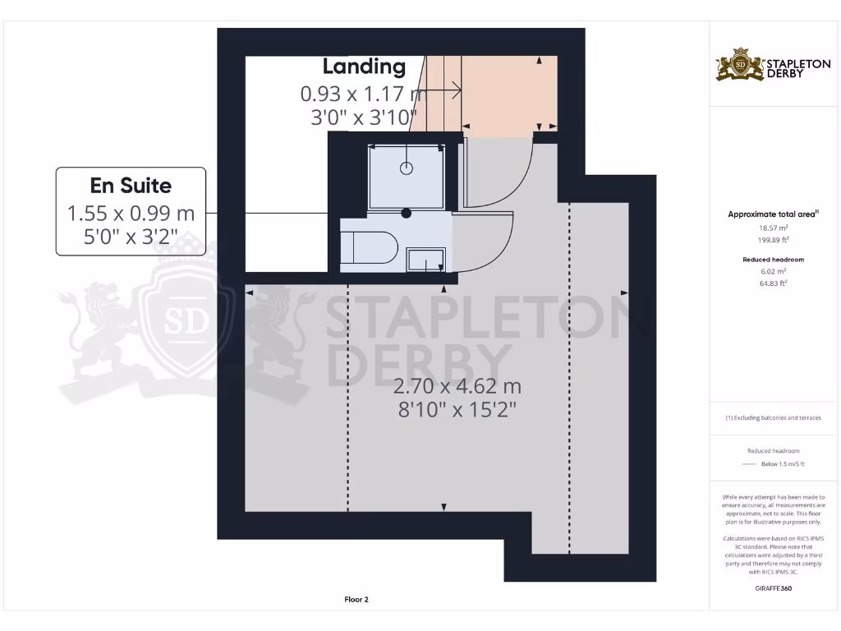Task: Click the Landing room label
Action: pyautogui.click(x=364, y=67)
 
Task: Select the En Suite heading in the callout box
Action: pyautogui.click(x=131, y=184)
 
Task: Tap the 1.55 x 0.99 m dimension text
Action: pyautogui.click(x=131, y=214)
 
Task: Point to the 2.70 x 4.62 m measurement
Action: pyautogui.click(x=457, y=386)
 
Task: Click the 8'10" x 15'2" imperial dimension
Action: pyautogui.click(x=457, y=409)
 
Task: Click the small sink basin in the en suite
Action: pyautogui.click(x=427, y=260)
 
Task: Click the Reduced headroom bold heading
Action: pyautogui.click(x=772, y=260)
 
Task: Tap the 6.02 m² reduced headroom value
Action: pyautogui.click(x=772, y=271)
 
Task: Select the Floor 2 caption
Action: pyautogui.click(x=356, y=600)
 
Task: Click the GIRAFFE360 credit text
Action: pyautogui.click(x=772, y=588)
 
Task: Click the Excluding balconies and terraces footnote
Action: pyautogui.click(x=772, y=417)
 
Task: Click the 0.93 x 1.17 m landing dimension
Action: pyautogui.click(x=364, y=94)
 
